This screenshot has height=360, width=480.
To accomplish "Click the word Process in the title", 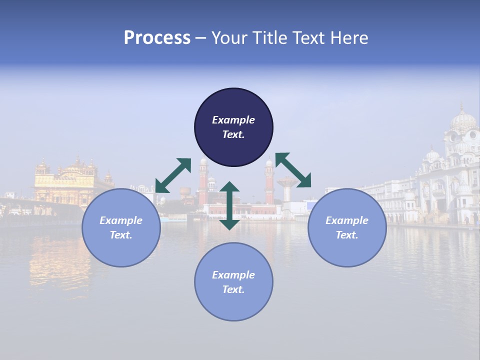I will tap(157, 38).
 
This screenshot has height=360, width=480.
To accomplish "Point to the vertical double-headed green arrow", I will tap(229, 205).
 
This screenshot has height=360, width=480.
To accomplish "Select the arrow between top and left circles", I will tap(173, 175).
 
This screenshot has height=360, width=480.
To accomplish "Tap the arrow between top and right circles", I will tap(293, 170).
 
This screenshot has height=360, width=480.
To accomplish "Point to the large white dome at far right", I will tap(463, 120).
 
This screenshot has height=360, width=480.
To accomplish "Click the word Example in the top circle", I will tap(233, 120).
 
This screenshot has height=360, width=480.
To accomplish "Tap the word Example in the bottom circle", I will tap(233, 275).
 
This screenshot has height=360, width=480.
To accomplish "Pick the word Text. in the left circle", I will tap(121, 235).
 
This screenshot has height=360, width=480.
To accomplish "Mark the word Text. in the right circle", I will tap(347, 235).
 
